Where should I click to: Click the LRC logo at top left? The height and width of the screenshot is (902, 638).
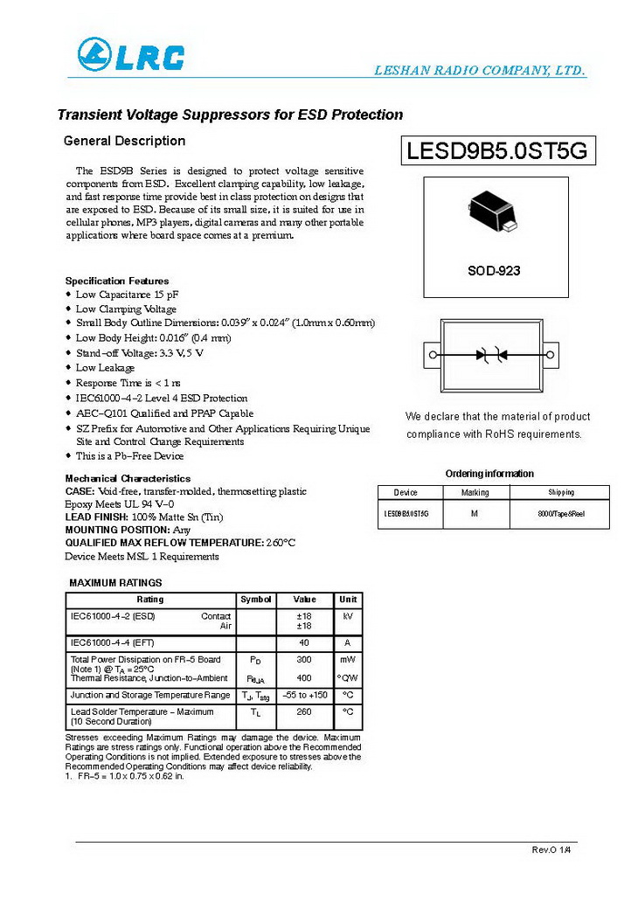click(x=130, y=55)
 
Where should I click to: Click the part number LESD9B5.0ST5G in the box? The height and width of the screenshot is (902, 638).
click(x=496, y=151)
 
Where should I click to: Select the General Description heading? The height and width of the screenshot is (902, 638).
click(x=125, y=141)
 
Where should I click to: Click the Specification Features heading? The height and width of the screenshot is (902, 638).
click(x=117, y=281)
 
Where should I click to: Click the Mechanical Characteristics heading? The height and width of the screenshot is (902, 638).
click(x=128, y=479)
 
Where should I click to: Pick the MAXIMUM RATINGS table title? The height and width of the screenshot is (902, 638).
click(x=115, y=582)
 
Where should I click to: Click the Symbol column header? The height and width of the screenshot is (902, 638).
click(x=255, y=600)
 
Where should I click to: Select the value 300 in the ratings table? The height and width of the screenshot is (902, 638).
click(x=304, y=660)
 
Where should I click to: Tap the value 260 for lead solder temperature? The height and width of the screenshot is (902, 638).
click(x=304, y=712)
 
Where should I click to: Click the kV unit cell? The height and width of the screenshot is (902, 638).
click(x=348, y=616)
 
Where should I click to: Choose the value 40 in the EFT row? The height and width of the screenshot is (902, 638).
click(x=304, y=642)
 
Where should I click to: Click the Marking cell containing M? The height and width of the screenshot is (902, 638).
click(x=475, y=514)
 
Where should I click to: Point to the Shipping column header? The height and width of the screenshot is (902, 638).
click(x=561, y=493)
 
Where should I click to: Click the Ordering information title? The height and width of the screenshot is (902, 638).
click(x=489, y=474)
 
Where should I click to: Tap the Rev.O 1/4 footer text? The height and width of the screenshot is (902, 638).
click(x=550, y=850)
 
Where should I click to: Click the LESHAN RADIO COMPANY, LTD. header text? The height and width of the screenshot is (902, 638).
click(x=479, y=71)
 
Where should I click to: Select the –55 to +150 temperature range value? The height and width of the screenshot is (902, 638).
click(x=304, y=695)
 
